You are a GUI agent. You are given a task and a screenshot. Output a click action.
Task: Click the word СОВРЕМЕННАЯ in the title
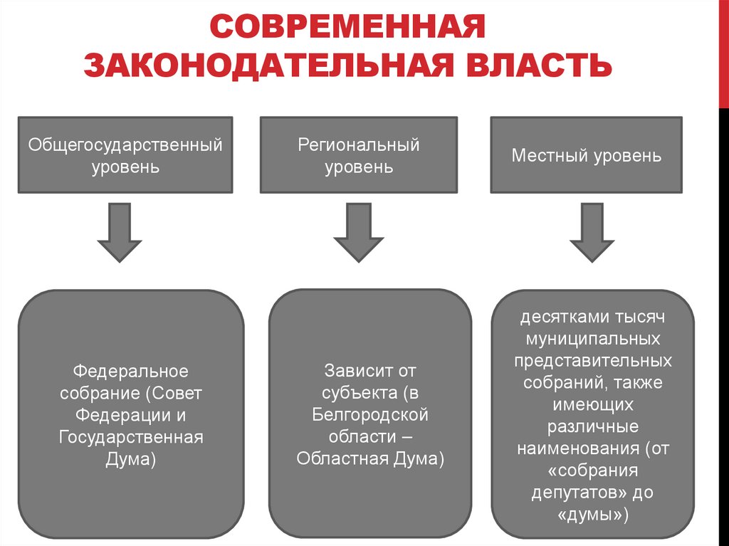pyautogui.click(x=348, y=29)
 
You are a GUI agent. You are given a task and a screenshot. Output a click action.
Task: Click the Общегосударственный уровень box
pyautogui.click(x=125, y=155)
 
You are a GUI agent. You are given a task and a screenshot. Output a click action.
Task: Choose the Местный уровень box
pyautogui.click(x=586, y=155)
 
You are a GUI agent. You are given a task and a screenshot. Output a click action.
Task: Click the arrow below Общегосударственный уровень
pyautogui.click(x=120, y=232)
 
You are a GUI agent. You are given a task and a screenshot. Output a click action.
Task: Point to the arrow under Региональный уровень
pyautogui.click(x=358, y=232)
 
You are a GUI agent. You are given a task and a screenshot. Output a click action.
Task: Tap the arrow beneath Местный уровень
pyautogui.click(x=592, y=232)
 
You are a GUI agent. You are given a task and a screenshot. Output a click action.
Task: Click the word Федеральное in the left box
pyautogui.click(x=131, y=372)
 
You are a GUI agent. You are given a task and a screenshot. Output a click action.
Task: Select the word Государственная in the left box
pyautogui.click(x=131, y=437)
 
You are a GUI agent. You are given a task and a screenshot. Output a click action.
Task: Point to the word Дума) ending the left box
pyautogui.click(x=131, y=459)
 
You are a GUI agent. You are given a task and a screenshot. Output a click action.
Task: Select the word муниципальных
pyautogui.click(x=592, y=338)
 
